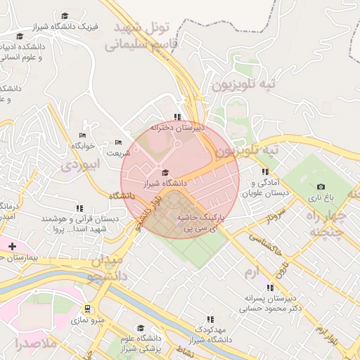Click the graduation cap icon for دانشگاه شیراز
tap(165, 172)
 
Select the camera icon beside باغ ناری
tap(321, 186)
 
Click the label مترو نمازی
tap(90, 321)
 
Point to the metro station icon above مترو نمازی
tap(86, 309)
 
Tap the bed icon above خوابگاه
tap(82, 135)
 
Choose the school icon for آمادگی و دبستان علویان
tap(265, 172)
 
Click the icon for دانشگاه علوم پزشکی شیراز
tap(140, 328)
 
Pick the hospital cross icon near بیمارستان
tap(12, 245)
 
